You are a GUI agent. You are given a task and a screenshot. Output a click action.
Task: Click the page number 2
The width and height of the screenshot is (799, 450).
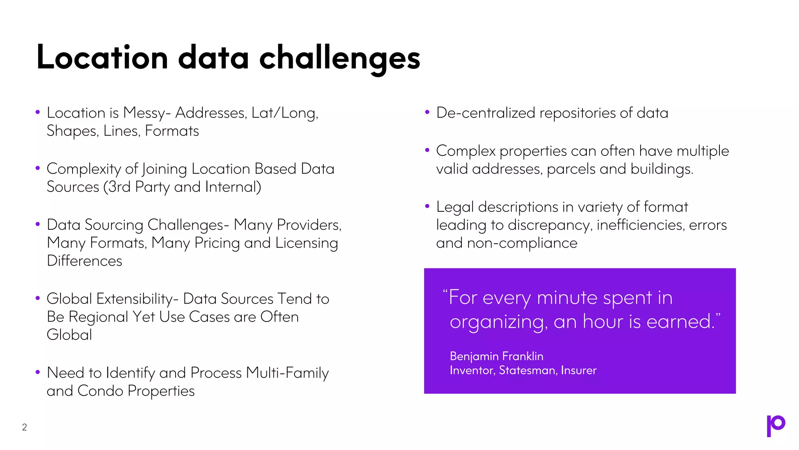point(25,427)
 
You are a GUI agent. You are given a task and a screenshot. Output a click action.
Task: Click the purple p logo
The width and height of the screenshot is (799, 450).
point(776,425)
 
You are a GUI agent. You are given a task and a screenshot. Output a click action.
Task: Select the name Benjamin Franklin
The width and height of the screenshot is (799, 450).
point(496,356)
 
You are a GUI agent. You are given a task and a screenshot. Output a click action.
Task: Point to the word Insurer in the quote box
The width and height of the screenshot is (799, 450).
point(579,370)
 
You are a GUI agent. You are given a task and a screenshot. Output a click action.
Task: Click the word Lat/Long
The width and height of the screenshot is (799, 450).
point(284,113)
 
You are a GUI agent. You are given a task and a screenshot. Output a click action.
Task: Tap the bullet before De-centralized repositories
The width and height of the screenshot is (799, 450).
point(427,112)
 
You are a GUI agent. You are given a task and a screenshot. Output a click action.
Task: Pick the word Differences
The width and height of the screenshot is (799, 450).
point(84,261)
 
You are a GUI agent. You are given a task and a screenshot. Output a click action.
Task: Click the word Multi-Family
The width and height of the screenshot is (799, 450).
point(288,373)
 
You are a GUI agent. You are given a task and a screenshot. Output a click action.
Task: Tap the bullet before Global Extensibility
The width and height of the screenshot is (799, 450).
point(38,298)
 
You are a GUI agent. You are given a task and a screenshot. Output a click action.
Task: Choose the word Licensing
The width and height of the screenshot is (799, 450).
point(306,243)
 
